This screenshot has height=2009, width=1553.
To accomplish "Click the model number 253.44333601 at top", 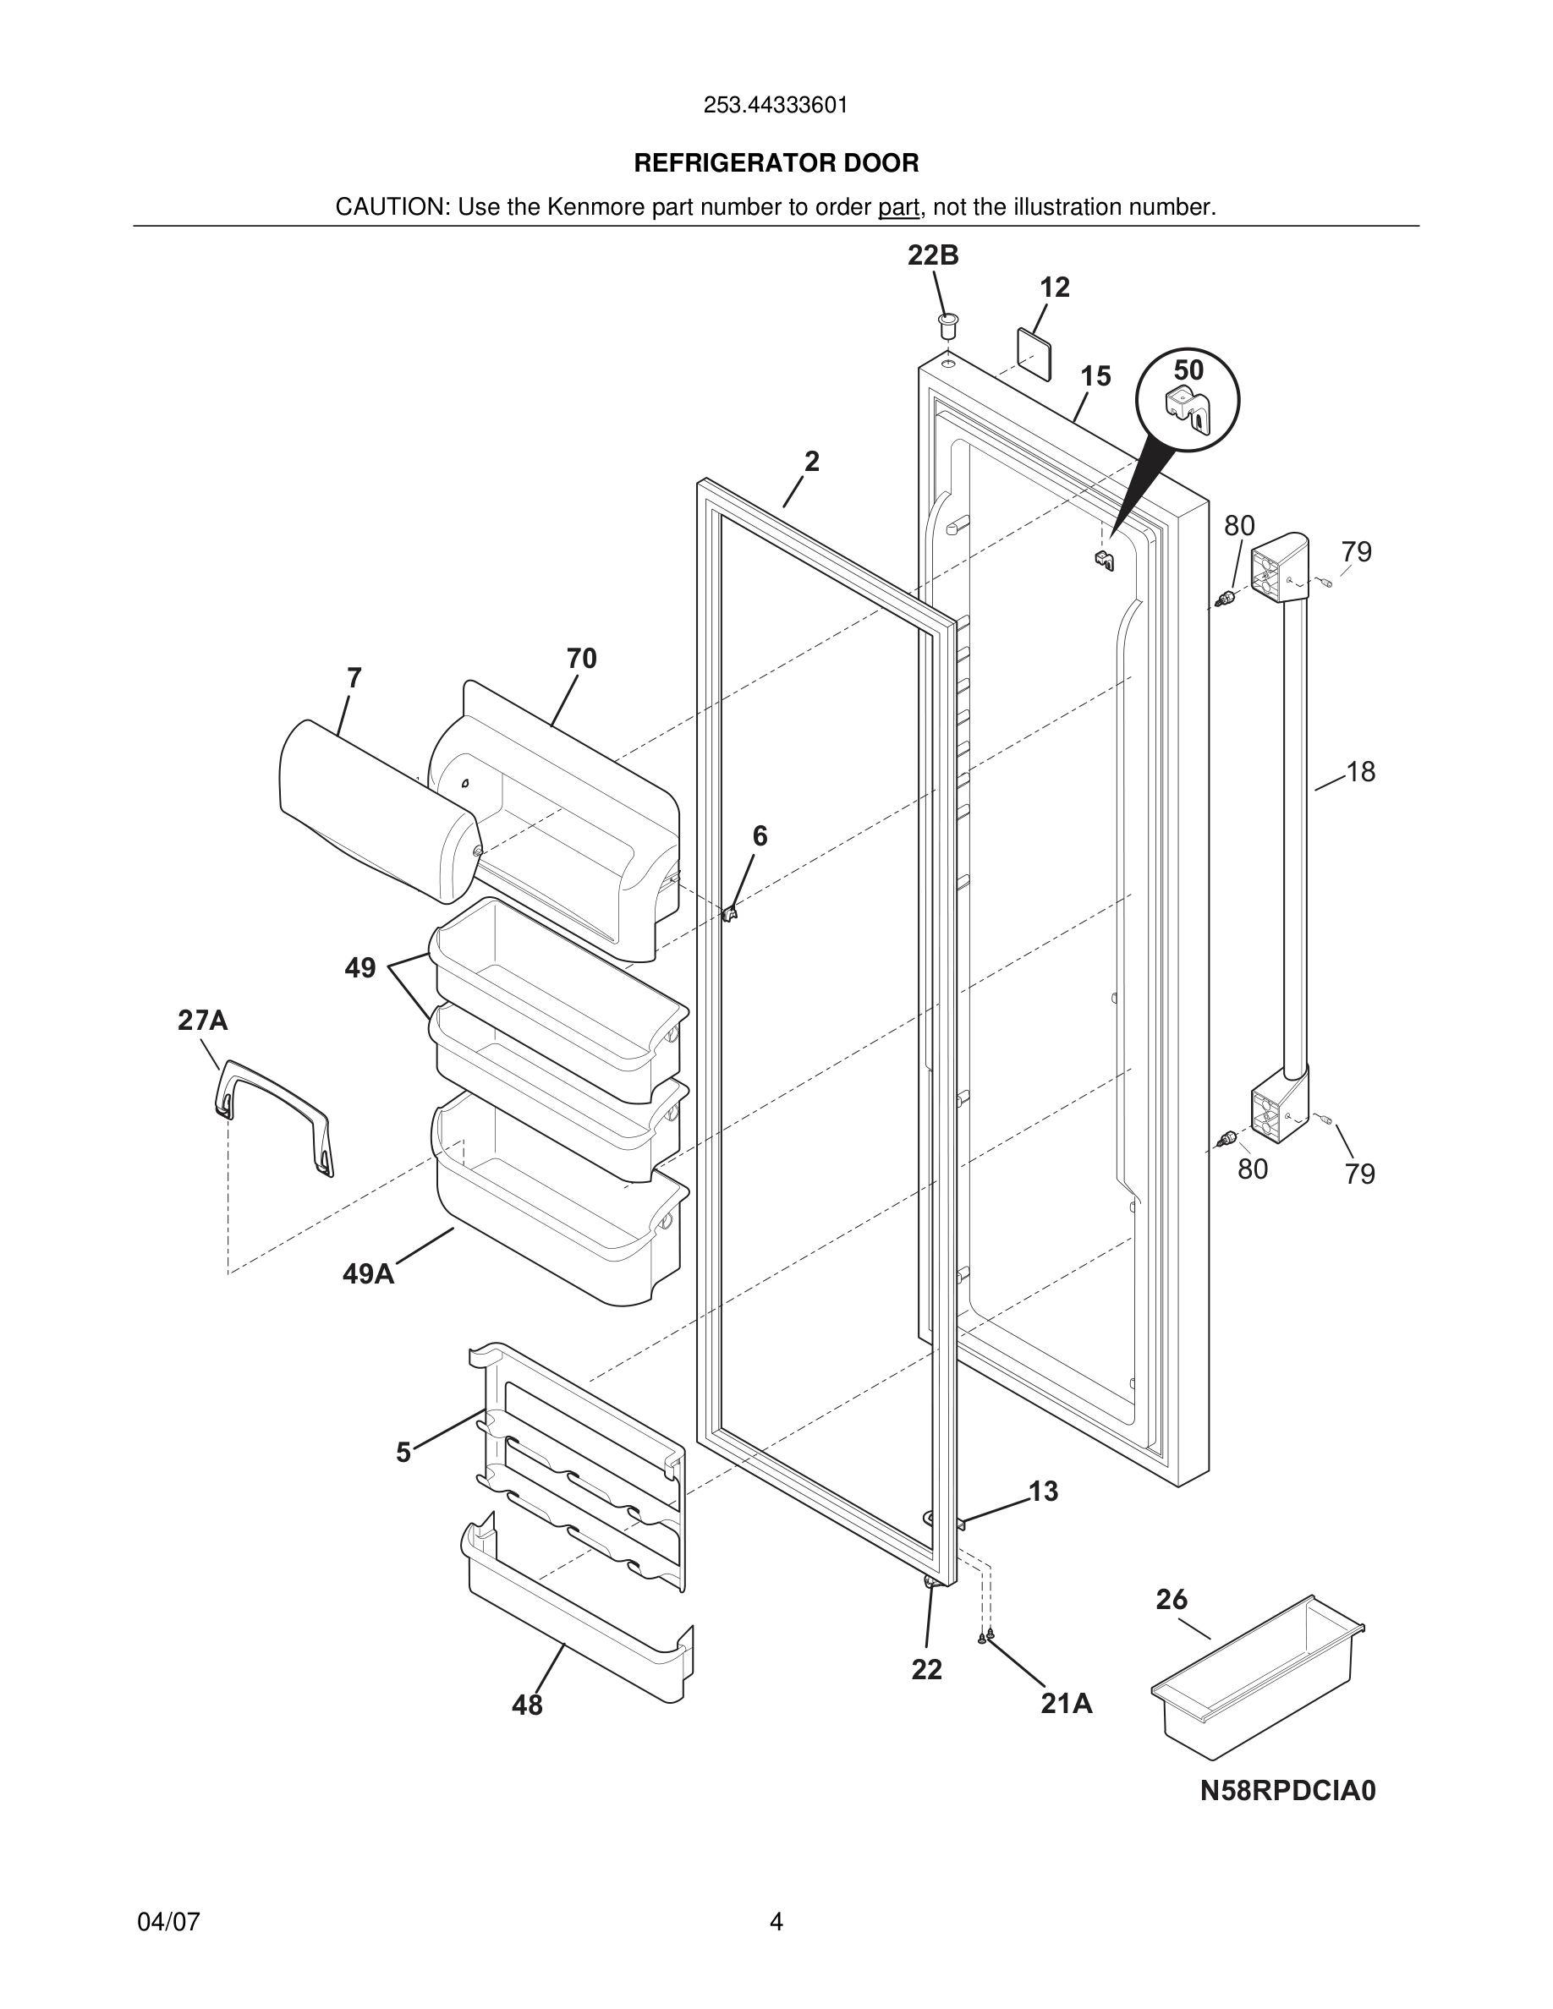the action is click(776, 106).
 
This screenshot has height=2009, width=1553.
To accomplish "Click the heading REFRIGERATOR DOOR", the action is click(776, 164).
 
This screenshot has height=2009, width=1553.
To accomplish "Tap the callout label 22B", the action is click(933, 255).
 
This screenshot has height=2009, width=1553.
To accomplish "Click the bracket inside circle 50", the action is click(1188, 411).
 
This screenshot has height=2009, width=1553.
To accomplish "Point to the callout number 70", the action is click(581, 659).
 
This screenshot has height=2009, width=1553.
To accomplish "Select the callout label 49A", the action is click(368, 1274).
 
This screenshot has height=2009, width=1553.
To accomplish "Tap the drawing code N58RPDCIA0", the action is click(1287, 1791).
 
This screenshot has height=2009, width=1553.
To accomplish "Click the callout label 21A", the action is click(1067, 1705).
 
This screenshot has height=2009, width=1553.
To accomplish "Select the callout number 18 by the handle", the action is click(1361, 772).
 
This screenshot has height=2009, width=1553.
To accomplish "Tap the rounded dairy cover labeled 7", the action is click(377, 809).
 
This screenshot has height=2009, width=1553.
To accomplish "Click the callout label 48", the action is click(527, 1705).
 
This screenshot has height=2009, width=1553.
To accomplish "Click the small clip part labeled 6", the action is click(731, 913).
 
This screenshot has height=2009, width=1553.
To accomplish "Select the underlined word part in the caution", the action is click(898, 208).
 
